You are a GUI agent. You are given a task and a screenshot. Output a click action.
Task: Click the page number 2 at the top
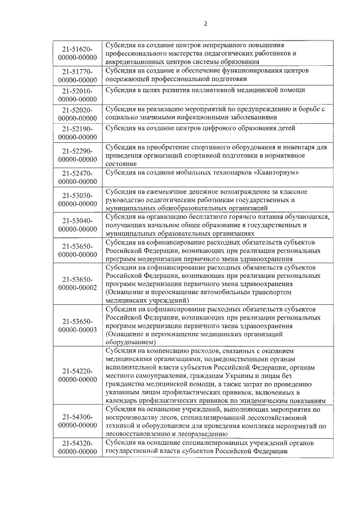(x=205, y=24)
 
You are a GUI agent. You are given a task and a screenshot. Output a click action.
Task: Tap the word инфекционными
(x=205, y=118)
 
